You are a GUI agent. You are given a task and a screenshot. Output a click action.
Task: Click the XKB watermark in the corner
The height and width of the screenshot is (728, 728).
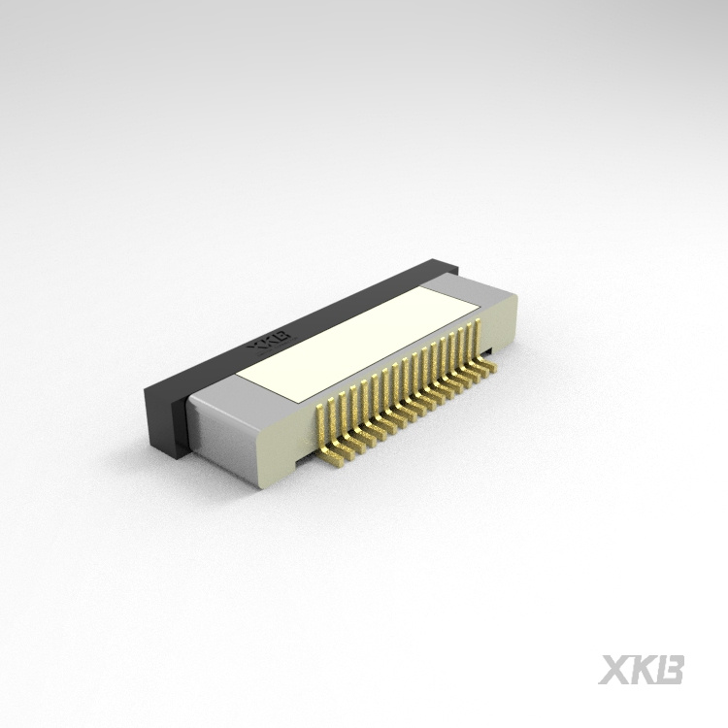pyautogui.click(x=642, y=670)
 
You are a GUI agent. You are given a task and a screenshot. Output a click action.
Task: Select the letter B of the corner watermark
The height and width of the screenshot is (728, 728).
pyautogui.click(x=670, y=670)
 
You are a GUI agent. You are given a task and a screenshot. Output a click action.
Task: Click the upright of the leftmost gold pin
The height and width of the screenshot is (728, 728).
pyautogui.click(x=321, y=423)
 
